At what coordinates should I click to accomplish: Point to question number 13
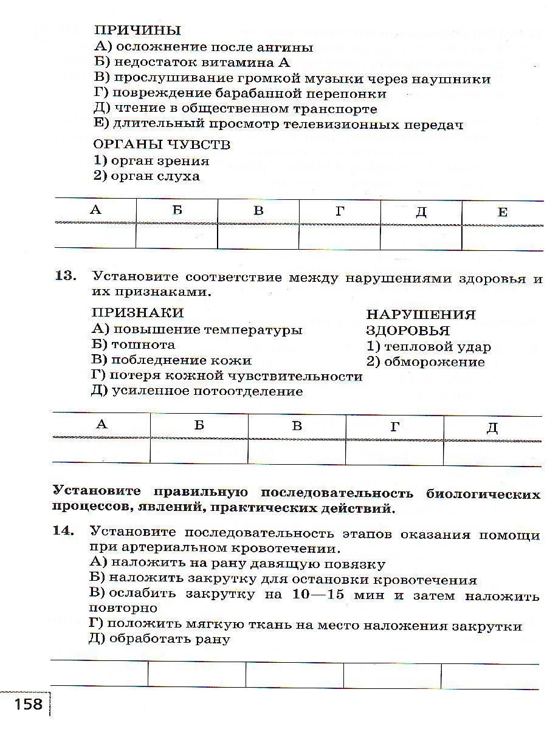pyautogui.click(x=66, y=276)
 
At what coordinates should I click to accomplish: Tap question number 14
pyautogui.click(x=63, y=531)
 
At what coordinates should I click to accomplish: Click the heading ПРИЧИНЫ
pyautogui.click(x=137, y=30)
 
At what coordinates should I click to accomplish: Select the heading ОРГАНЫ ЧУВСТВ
pyautogui.click(x=162, y=145)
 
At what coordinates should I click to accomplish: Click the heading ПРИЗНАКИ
pyautogui.click(x=137, y=313)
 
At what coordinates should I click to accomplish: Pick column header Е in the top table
pyautogui.click(x=502, y=211)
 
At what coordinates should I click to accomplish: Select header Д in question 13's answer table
pyautogui.click(x=492, y=426)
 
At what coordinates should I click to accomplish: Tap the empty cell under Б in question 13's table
pyautogui.click(x=199, y=451)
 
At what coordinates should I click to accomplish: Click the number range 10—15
pyautogui.click(x=318, y=595)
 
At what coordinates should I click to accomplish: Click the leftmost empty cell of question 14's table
pyautogui.click(x=99, y=674)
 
